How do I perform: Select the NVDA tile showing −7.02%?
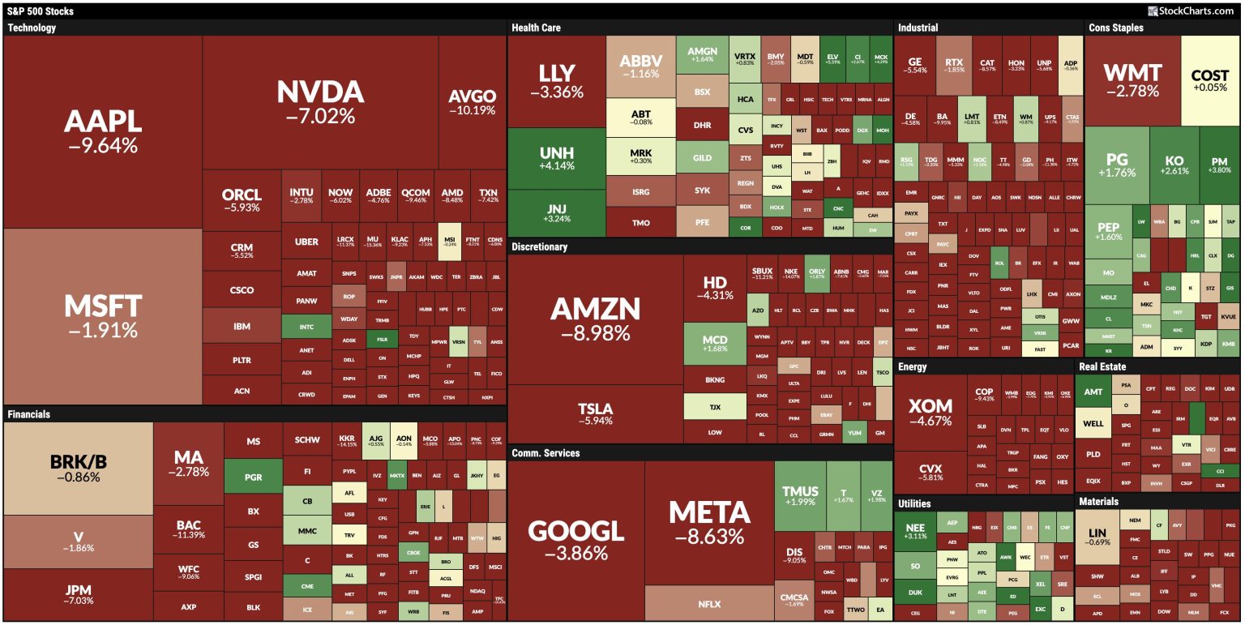click(x=320, y=102)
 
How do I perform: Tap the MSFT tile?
click(x=103, y=316)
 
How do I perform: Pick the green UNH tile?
click(x=557, y=158)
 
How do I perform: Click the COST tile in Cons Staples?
click(x=1210, y=80)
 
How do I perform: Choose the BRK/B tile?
click(x=79, y=468)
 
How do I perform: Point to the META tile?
click(x=709, y=523)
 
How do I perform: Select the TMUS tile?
click(x=800, y=495)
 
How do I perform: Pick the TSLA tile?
click(x=595, y=413)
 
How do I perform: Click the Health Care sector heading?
click(x=537, y=28)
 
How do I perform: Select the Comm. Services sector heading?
click(x=545, y=453)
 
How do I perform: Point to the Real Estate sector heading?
click(x=1102, y=366)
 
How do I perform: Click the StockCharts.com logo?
click(x=1193, y=11)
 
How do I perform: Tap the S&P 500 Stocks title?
click(x=41, y=11)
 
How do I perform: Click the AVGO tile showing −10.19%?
click(x=473, y=102)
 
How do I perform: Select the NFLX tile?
click(x=708, y=604)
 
